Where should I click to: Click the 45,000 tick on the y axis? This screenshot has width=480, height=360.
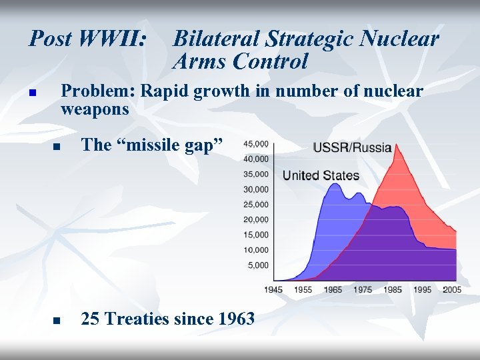(x=256, y=144)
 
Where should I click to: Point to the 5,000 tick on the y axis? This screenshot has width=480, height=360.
(x=258, y=265)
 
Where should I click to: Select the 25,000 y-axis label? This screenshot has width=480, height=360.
(x=256, y=205)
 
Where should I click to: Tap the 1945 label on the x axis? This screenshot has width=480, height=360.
(x=273, y=289)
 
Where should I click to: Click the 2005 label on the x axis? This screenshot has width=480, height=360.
(x=451, y=289)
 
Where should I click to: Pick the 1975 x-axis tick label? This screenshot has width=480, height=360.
(x=363, y=289)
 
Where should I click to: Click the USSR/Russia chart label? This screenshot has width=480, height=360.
(x=352, y=147)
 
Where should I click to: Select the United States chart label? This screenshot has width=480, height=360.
(x=321, y=176)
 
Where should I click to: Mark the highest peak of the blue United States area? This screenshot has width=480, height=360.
(x=334, y=184)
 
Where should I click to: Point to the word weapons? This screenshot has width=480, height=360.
(x=95, y=108)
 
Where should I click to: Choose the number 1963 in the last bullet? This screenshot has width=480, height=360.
(x=236, y=319)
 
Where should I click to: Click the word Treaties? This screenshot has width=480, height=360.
(x=137, y=319)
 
